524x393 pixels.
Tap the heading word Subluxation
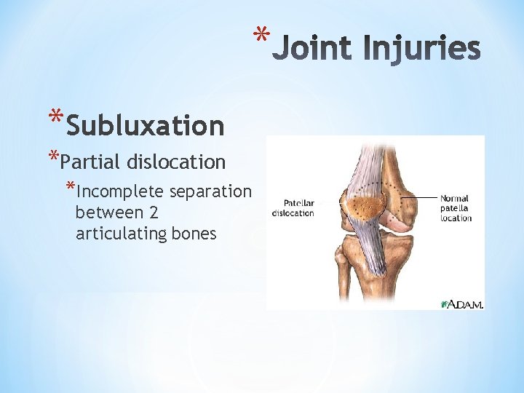[x=145, y=126]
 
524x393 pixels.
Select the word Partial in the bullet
[x=96, y=161]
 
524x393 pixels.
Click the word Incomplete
[x=119, y=191]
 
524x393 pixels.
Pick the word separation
[x=210, y=191]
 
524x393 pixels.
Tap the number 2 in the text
[x=154, y=213]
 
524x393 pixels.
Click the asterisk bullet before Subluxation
[x=55, y=119]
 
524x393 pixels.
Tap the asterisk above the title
[x=261, y=35]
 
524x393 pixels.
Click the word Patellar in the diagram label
[x=298, y=204]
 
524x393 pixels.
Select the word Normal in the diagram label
[x=454, y=198]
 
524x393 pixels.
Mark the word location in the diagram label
[x=456, y=218]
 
